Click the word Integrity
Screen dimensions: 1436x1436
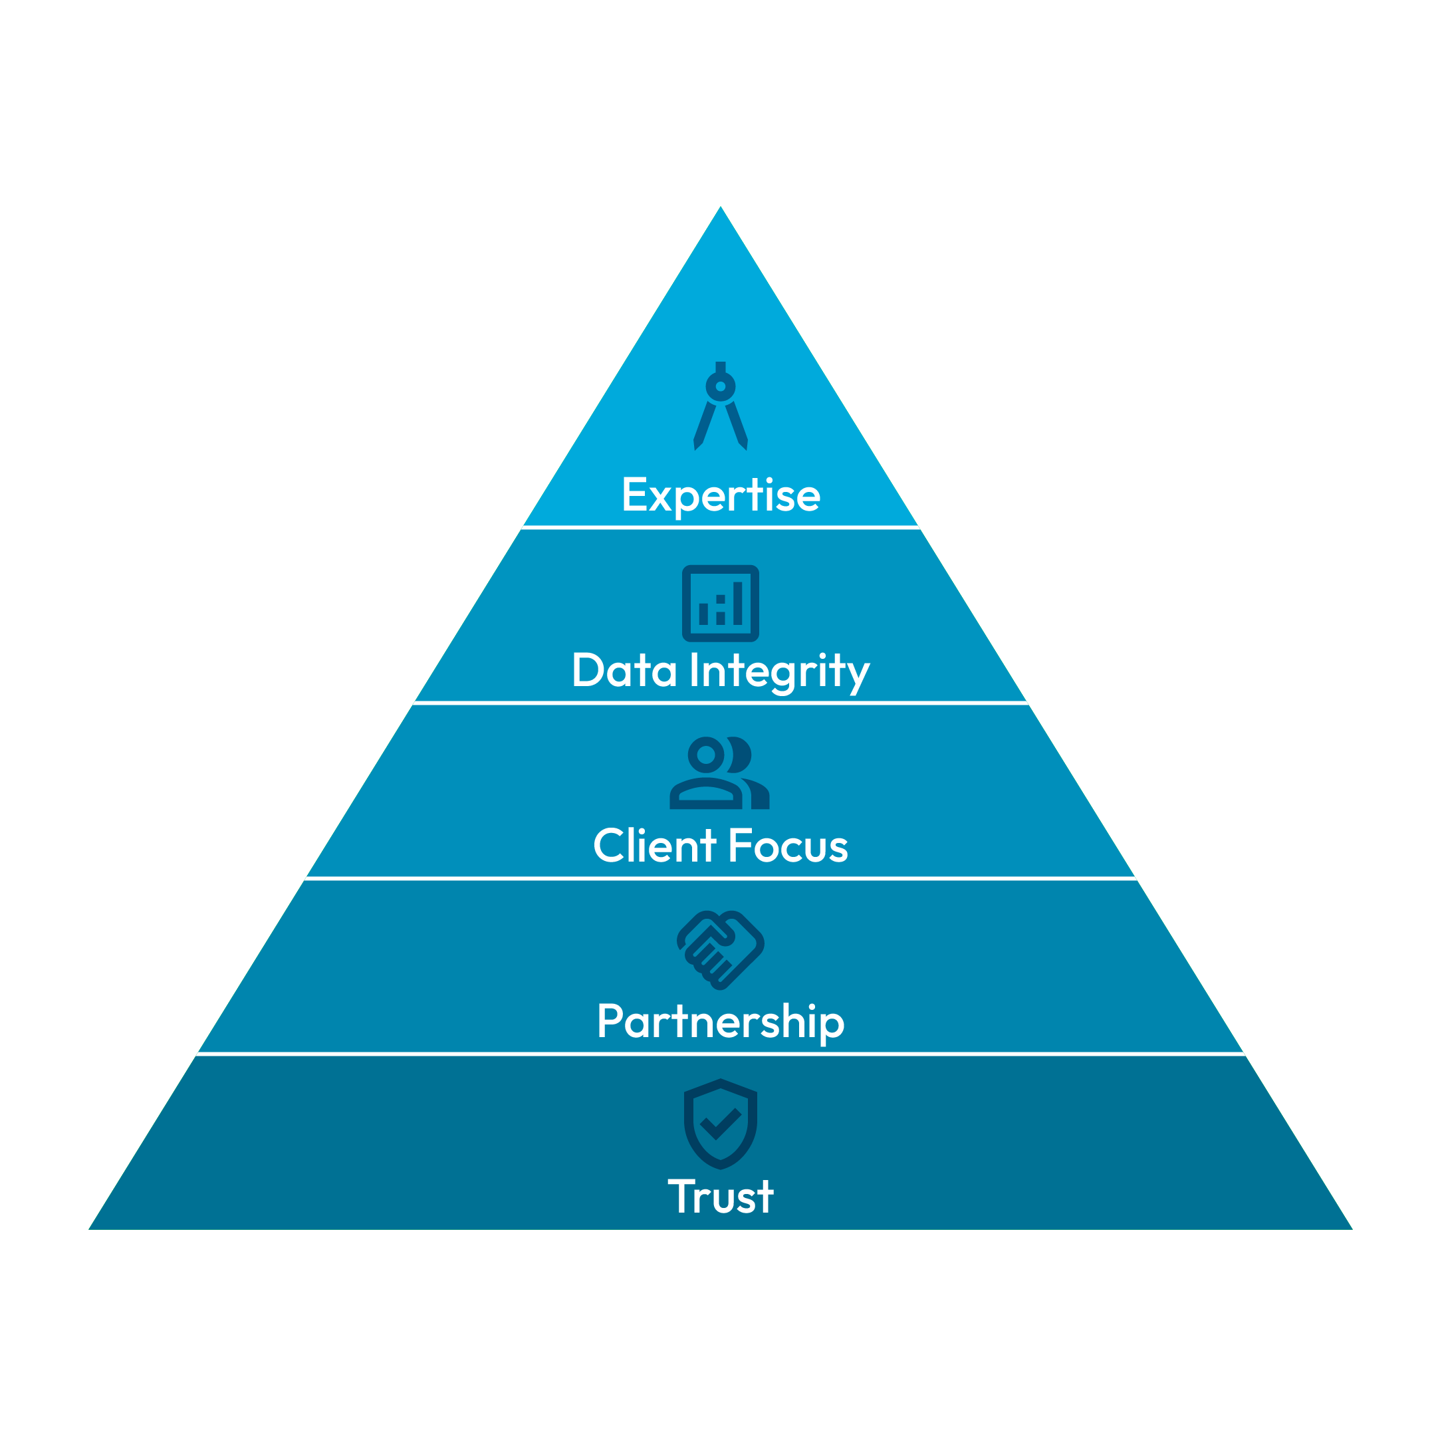(x=780, y=673)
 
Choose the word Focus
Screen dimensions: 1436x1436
(x=788, y=846)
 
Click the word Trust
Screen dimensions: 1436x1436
(x=720, y=1196)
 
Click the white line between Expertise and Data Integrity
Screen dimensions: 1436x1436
(x=720, y=527)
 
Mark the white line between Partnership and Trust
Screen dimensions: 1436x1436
(x=720, y=1054)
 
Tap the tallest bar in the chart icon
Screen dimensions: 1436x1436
(x=737, y=603)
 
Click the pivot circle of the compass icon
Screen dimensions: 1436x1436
(x=720, y=386)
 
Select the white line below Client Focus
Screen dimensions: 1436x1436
(x=720, y=878)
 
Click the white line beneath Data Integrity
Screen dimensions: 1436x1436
(x=720, y=703)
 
